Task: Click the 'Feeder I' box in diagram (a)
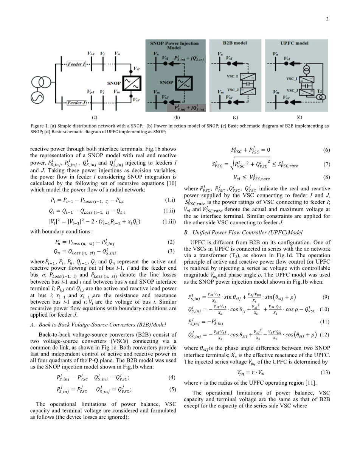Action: click(77, 64)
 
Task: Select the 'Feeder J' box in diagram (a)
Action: click(77, 103)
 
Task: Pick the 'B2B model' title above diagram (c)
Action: click(235, 43)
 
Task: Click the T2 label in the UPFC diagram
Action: click(320, 92)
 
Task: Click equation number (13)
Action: click(325, 373)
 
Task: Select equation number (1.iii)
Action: click(169, 222)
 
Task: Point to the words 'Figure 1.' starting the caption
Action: click(40, 126)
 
